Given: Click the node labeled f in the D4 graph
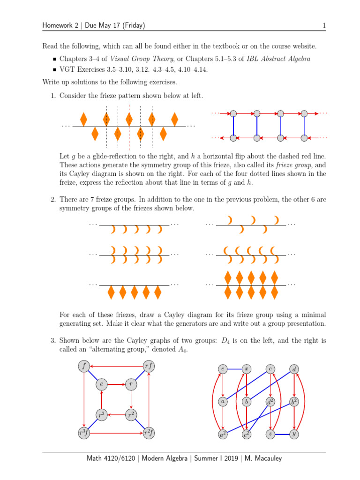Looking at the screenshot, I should coord(83,366).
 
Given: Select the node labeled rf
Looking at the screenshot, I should coord(149,366).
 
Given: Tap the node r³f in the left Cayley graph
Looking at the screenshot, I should coord(83,434).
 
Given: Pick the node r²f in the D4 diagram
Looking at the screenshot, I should coord(149,434).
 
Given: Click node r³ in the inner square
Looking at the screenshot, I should coord(101,415).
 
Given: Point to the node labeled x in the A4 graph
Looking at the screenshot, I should coord(246,369).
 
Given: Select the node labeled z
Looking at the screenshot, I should coord(270,435).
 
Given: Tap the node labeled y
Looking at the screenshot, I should coord(294,435).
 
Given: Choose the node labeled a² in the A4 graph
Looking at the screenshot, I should coord(223,435).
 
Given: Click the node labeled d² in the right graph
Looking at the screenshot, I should coord(270,402).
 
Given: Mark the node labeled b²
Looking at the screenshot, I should coord(294,402).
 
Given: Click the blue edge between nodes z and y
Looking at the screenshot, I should coord(282,435).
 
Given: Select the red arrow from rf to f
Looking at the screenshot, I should coord(116,366).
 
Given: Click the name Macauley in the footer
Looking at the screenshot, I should coord(265,458).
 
